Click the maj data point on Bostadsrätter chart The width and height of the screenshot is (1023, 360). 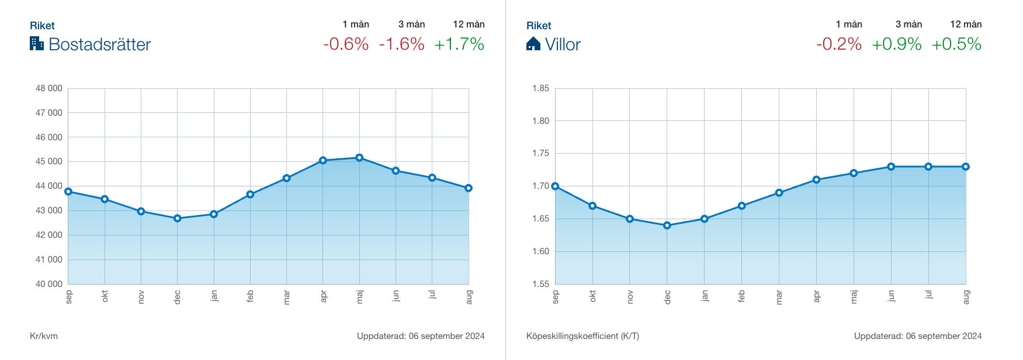tap(359, 158)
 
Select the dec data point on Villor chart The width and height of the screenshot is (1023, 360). tap(667, 226)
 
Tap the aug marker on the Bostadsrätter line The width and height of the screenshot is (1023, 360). tap(469, 188)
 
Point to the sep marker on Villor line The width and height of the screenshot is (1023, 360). tap(555, 186)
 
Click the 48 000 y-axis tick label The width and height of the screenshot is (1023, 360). tap(49, 88)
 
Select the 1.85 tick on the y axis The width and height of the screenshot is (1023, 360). tap(540, 88)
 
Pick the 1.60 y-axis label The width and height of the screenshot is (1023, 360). tap(540, 251)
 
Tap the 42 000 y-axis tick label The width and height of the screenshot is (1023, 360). tap(49, 235)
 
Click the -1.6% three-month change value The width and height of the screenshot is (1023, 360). tap(402, 44)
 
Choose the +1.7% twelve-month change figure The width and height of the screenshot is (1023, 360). tap(459, 44)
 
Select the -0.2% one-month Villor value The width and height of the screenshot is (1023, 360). tap(839, 44)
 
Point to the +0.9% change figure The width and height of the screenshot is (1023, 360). tap(897, 44)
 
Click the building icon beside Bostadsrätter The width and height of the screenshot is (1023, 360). tap(37, 43)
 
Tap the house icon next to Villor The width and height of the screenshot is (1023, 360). tap(533, 44)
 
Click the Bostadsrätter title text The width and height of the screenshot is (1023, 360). tap(100, 44)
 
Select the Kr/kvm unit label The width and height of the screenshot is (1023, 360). tap(44, 336)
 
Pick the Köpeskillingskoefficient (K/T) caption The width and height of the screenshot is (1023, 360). tap(582, 336)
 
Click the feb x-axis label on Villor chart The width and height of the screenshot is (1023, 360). tap(741, 296)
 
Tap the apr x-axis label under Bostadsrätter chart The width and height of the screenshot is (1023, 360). tap(323, 296)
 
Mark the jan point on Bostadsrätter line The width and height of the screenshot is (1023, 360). tap(214, 214)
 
